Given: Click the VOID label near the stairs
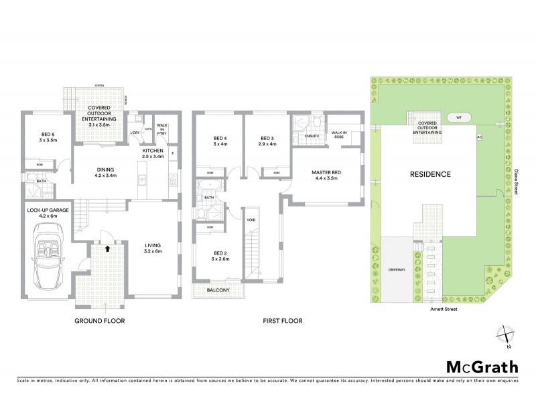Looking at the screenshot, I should click(x=251, y=220).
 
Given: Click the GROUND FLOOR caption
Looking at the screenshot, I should click(x=100, y=321).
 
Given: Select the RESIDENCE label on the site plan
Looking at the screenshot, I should click(x=429, y=174).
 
